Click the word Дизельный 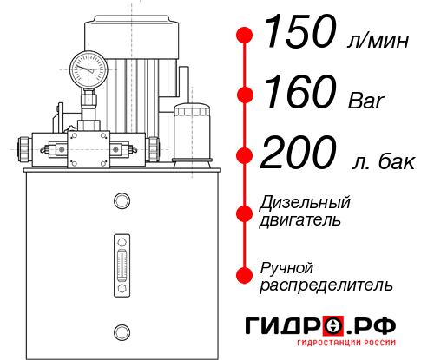click(x=305, y=203)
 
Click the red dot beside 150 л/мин click(x=245, y=36)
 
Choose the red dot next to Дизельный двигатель click(x=245, y=213)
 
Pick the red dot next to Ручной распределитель click(x=245, y=274)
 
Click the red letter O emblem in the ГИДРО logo click(x=333, y=326)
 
